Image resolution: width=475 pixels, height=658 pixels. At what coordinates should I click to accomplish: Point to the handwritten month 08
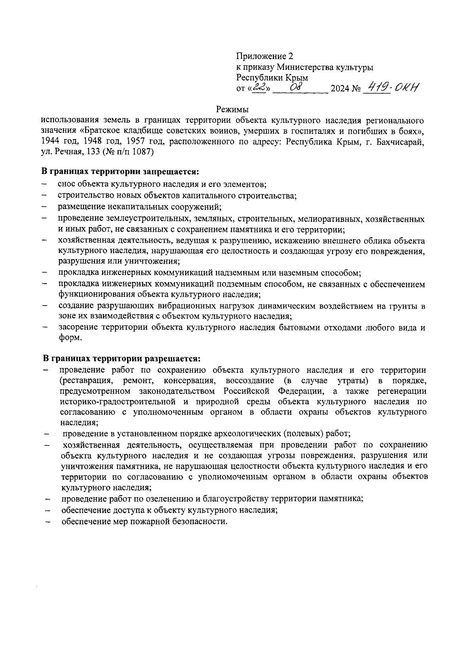coord(296,88)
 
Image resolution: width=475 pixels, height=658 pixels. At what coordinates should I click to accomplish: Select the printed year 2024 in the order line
coord(339,89)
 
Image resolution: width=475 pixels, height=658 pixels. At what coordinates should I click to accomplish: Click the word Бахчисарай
coord(400,141)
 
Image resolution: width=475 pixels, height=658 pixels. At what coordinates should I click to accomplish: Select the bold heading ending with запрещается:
coord(120,172)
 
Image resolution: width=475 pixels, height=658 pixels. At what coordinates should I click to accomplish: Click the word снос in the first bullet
coord(66,184)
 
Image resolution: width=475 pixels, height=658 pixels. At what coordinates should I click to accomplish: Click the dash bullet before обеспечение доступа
coord(47,511)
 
